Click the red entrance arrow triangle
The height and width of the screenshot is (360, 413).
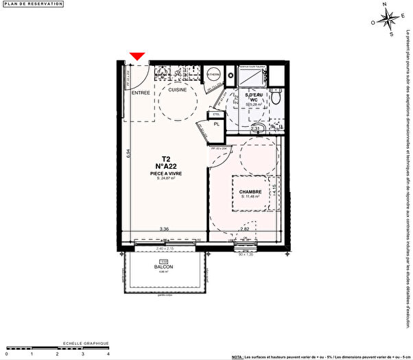(x=138, y=56)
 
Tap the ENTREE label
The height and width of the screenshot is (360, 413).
(x=141, y=93)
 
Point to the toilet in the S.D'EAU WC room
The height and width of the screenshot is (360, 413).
(x=274, y=99)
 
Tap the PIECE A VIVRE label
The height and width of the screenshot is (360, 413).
(x=166, y=173)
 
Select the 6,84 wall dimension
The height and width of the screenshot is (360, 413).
(x=128, y=155)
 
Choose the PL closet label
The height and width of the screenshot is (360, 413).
(x=217, y=124)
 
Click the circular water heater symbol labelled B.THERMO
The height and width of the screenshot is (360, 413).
(x=214, y=73)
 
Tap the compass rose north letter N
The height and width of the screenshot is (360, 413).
(x=386, y=6)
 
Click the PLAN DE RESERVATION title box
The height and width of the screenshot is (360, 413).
(x=33, y=4)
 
